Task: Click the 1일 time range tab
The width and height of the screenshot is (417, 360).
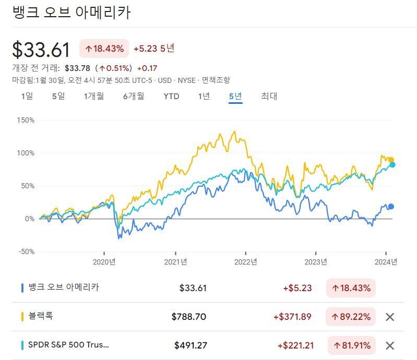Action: coord(27,96)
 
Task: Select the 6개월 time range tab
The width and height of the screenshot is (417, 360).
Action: coord(134,96)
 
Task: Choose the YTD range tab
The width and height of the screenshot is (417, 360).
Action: coord(171,96)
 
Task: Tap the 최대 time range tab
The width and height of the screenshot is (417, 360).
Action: coord(269,96)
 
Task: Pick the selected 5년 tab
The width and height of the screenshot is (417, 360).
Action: coord(235,96)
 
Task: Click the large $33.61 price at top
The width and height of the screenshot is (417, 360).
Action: coord(41,50)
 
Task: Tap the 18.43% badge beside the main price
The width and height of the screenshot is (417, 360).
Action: coord(104,49)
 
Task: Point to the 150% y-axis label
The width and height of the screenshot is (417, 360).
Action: coord(25,120)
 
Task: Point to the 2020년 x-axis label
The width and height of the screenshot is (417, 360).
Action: coord(104,262)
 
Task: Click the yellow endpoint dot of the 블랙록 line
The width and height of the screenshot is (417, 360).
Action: coord(391,160)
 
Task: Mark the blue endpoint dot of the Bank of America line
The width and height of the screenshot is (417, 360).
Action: coord(391,207)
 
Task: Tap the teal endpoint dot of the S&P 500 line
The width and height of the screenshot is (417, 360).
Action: coord(392,165)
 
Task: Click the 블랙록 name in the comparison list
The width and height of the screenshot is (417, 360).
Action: coord(41,316)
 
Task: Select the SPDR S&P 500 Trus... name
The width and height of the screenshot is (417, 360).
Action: coord(69,345)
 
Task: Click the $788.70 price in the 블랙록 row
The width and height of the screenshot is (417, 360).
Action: coord(189,317)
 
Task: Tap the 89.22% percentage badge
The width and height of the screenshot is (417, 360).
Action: coord(351,317)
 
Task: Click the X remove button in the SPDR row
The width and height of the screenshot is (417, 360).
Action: coord(389,345)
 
